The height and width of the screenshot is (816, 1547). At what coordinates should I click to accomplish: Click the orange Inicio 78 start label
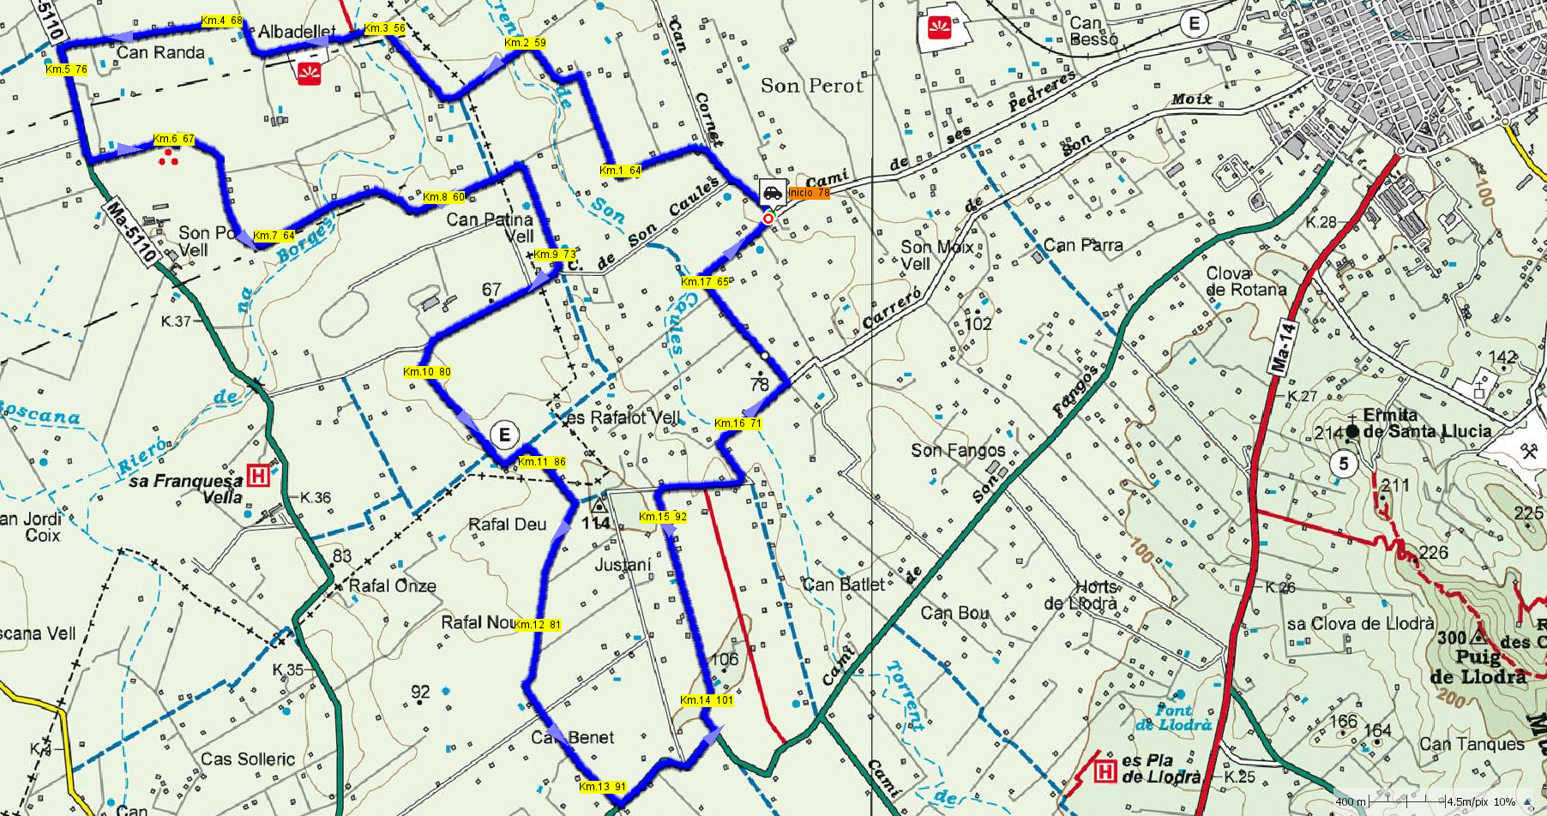tap(809, 193)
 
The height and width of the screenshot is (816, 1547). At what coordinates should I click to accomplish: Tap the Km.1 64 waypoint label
tap(621, 171)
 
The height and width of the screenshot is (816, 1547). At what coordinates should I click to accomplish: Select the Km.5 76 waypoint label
tap(66, 69)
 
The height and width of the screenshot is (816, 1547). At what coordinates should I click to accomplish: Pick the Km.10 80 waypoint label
tap(426, 372)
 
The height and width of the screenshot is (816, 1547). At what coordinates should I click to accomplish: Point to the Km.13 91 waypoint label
tap(602, 787)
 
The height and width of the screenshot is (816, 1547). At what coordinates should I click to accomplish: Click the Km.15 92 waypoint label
tap(663, 517)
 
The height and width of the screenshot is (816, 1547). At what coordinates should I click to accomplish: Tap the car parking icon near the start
tap(772, 192)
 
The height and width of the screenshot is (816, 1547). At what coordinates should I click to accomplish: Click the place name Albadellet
tap(297, 33)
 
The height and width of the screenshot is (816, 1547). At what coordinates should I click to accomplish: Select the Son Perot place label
tap(811, 86)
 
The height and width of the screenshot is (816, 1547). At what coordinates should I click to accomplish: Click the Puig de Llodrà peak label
tap(1478, 667)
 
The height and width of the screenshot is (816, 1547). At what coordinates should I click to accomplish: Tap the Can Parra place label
tap(1082, 245)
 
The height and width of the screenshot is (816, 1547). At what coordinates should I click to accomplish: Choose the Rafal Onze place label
tap(392, 586)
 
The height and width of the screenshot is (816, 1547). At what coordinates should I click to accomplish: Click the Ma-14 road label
tap(1284, 346)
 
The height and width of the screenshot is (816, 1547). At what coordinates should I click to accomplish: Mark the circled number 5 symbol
tap(1343, 465)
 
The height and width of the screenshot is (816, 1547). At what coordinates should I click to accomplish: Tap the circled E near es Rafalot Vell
tap(504, 435)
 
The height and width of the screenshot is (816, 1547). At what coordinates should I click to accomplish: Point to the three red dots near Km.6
tap(168, 157)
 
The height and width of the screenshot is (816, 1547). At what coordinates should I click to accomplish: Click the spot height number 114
tap(596, 523)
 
